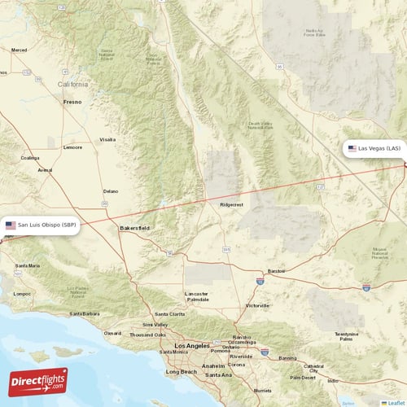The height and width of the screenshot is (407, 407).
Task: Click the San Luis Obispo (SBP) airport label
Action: point(42,225)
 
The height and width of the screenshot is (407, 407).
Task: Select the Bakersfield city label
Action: point(134,228)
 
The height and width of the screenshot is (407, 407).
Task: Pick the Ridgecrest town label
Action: point(232,205)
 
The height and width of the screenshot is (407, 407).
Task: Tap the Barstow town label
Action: point(278,269)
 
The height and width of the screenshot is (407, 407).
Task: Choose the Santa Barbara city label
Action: point(84,313)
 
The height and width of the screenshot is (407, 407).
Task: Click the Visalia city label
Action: point(107,139)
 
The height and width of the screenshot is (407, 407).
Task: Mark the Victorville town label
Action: point(257,305)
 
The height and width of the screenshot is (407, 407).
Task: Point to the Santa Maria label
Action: point(28,265)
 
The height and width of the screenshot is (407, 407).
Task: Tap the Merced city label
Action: point(19,50)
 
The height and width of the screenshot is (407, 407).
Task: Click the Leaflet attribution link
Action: point(395,402)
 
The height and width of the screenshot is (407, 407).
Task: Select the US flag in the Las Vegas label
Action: point(352,149)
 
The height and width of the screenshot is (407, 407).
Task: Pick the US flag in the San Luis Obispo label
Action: point(11,225)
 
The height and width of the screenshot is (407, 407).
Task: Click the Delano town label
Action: point(110,191)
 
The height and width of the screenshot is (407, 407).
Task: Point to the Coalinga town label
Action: point(31,158)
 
